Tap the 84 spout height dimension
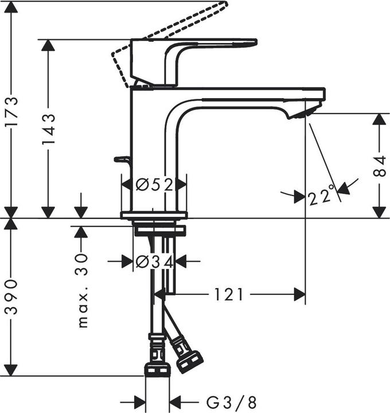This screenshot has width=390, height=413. [379, 166]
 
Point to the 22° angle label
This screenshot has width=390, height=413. [321, 197]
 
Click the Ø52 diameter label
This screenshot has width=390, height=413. [154, 185]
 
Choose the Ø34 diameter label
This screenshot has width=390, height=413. [154, 262]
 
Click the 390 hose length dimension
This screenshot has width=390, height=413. [12, 297]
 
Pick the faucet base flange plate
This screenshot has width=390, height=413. [154, 216]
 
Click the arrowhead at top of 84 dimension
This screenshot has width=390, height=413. [379, 119]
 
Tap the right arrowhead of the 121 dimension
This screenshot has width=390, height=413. [298, 295]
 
